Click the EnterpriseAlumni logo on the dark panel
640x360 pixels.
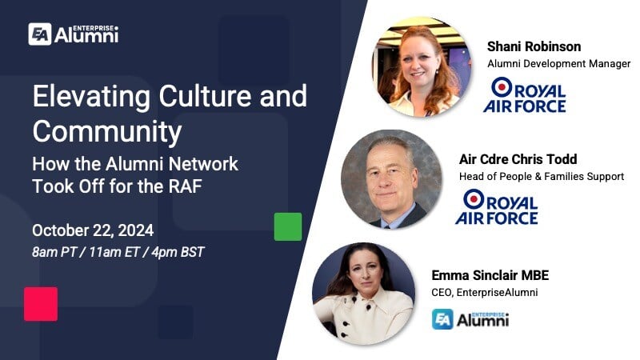73,34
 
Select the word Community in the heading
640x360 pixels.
107,130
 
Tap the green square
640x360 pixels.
288,226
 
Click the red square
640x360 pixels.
41,304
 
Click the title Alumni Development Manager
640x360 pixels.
558,63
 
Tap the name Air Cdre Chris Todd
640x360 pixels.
517,158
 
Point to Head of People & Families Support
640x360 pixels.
541,176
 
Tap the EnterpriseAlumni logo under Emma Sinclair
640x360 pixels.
470,320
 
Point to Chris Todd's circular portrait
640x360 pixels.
391,180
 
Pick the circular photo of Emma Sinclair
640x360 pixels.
363,294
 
